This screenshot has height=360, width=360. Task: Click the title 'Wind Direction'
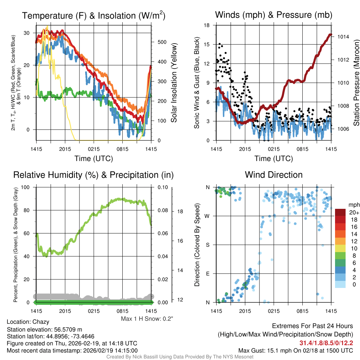(x=274, y=175)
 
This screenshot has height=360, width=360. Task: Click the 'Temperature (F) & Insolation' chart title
(x=94, y=15)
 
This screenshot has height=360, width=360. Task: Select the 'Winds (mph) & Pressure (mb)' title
(x=274, y=15)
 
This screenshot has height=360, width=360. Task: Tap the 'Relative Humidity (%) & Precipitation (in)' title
(x=93, y=175)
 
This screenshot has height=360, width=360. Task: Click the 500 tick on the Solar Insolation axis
(x=161, y=42)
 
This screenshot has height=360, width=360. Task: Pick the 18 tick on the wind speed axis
(x=207, y=25)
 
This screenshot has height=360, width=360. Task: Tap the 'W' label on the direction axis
(x=207, y=216)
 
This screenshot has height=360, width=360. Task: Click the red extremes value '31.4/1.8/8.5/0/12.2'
(x=326, y=343)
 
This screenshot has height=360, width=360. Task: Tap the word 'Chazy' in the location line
(x=41, y=322)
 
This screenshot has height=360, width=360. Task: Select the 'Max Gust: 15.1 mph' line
(x=296, y=350)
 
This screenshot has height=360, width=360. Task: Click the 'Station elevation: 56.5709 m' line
(x=45, y=329)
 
